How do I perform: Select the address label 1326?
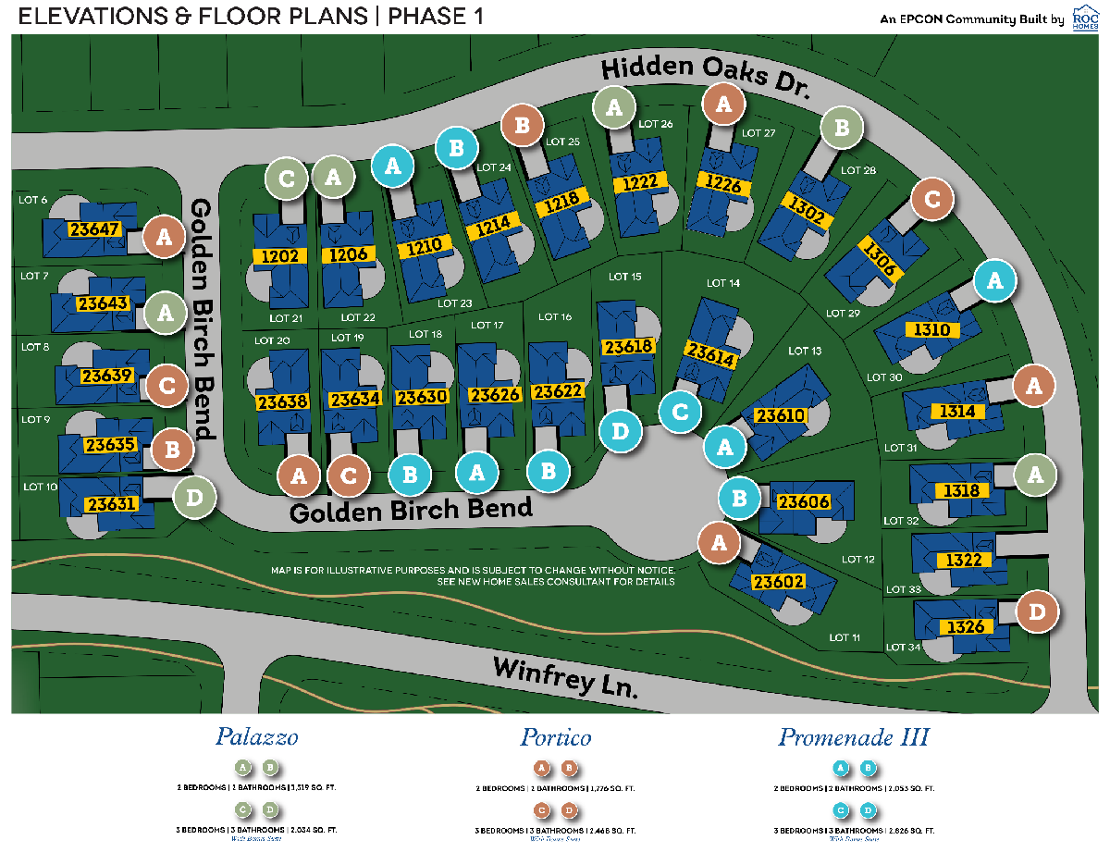tap(967, 627)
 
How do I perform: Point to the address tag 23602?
tap(778, 582)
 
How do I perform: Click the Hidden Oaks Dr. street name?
tap(705, 77)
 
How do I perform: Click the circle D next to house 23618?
tap(620, 431)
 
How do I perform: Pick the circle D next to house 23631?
tap(194, 498)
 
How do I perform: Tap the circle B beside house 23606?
tap(740, 499)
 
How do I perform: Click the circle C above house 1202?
tap(287, 179)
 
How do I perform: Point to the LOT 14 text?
tap(722, 283)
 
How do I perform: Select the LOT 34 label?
tap(903, 647)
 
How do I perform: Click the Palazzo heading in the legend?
tap(256, 737)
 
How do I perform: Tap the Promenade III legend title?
tap(853, 737)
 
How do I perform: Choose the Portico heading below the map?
tap(555, 737)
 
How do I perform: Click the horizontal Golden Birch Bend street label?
tap(411, 510)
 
